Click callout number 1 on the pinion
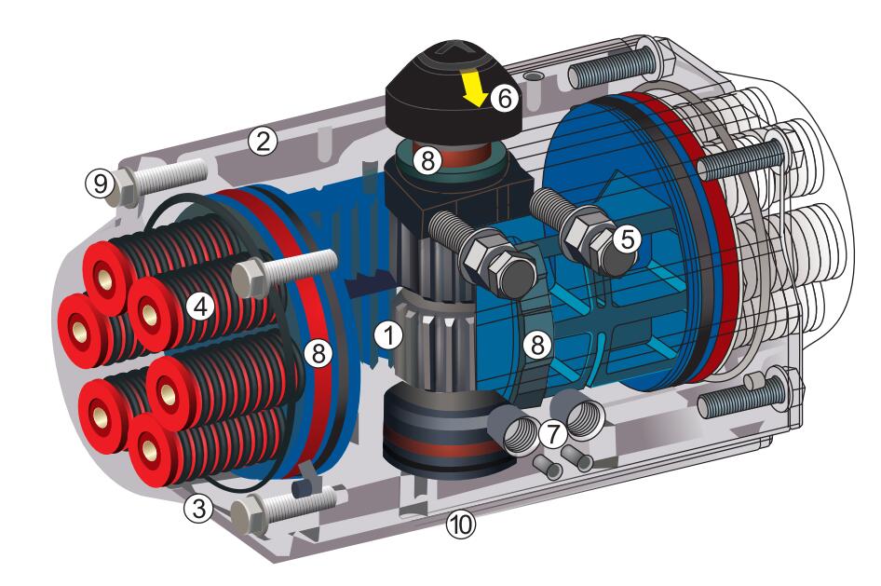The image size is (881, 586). coord(388,335)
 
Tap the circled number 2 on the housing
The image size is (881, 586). coord(263,141)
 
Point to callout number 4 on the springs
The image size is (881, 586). coord(200,307)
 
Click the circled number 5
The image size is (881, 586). coord(627,239)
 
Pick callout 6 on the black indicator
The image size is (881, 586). coord(504,99)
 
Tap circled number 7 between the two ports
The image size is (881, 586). coord(553,433)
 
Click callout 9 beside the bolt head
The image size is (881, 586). coord(101,184)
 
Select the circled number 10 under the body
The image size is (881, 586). coord(461,525)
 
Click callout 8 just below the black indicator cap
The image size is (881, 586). coord(427,160)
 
